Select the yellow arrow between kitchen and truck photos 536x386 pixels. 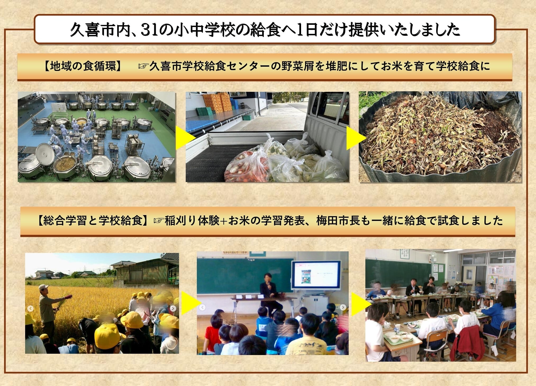pyautogui.click(x=185, y=138)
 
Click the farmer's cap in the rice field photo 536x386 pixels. pyautogui.click(x=43, y=287)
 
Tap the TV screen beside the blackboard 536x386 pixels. pyautogui.click(x=316, y=275)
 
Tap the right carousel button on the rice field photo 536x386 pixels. pyautogui.click(x=173, y=308)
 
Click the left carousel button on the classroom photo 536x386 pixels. pyautogui.click(x=202, y=307)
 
